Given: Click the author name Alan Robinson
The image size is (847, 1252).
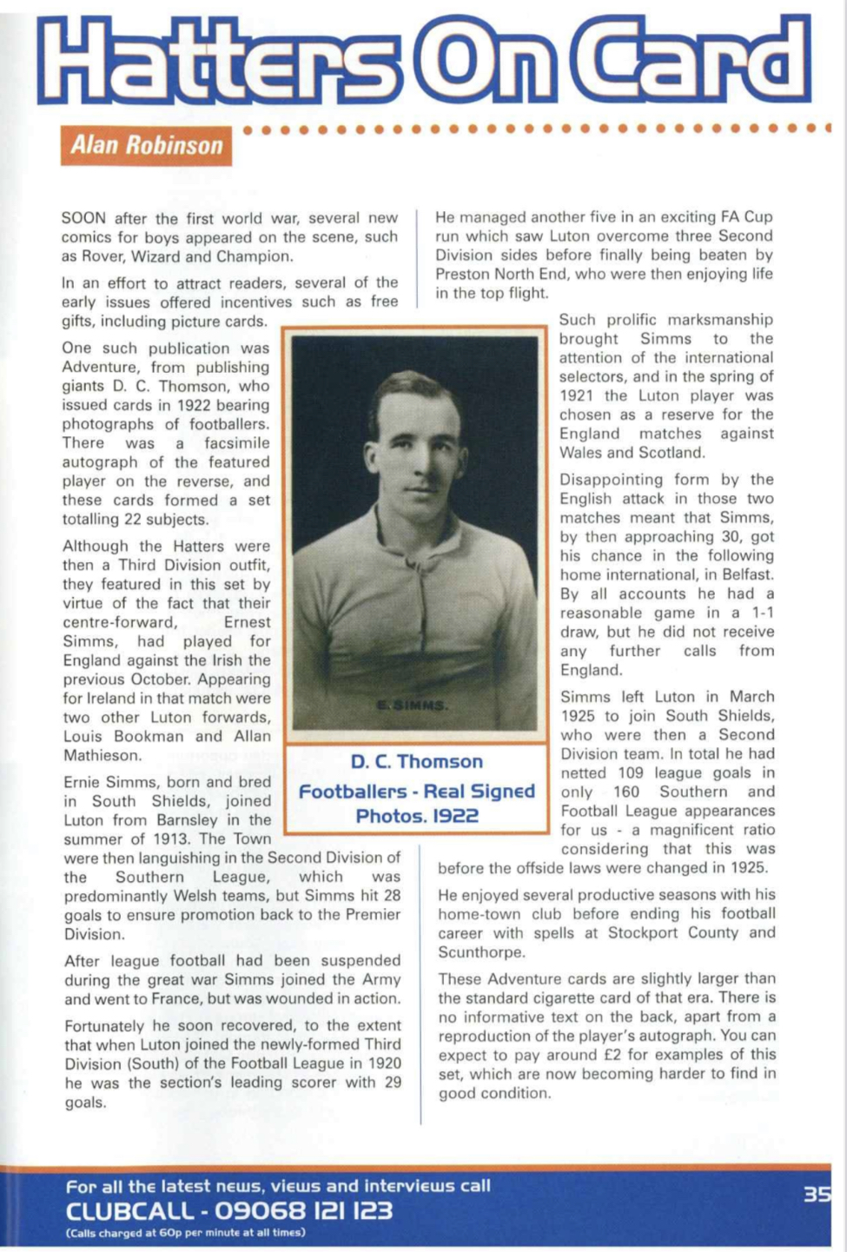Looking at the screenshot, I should pyautogui.click(x=146, y=144).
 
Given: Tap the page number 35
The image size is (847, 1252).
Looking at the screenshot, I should pyautogui.click(x=817, y=1195).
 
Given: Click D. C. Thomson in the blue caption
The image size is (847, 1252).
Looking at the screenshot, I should pyautogui.click(x=416, y=762).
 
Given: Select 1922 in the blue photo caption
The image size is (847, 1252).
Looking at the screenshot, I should pyautogui.click(x=456, y=817).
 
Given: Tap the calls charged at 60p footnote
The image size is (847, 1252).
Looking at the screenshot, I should pyautogui.click(x=185, y=1233).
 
